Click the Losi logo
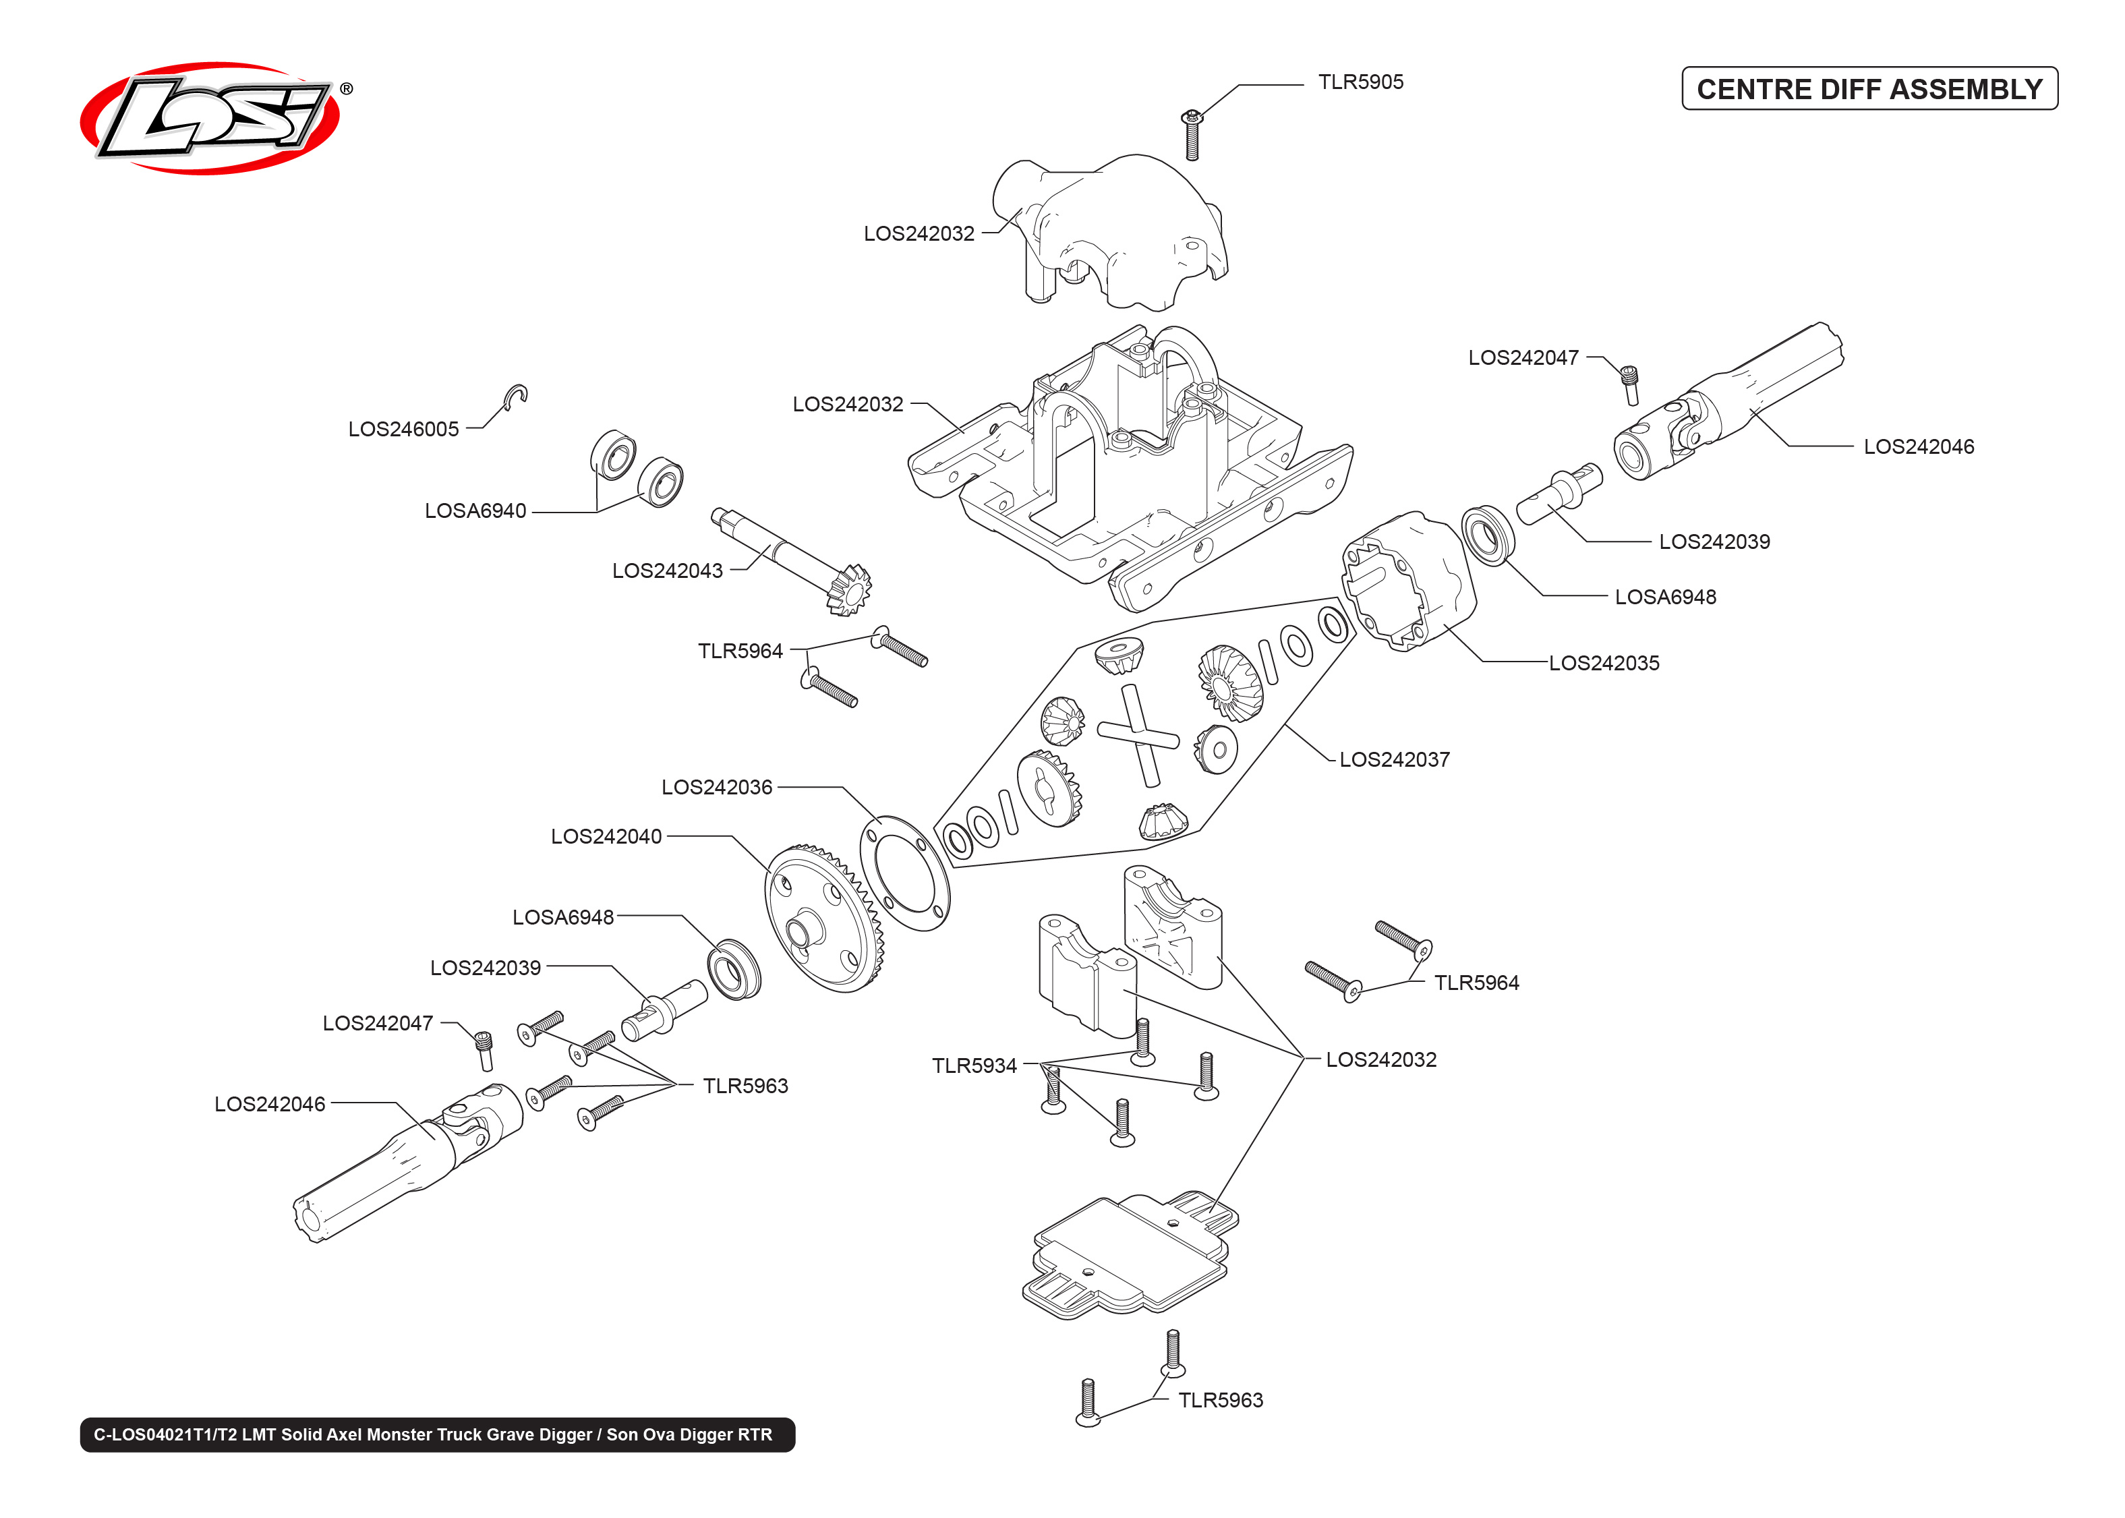click(x=210, y=119)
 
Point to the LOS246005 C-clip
click(x=517, y=397)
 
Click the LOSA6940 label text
click(x=475, y=511)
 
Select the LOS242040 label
click(x=606, y=837)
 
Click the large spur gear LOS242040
click(x=822, y=921)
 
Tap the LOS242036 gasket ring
click(x=904, y=873)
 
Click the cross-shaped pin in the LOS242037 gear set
click(x=1138, y=734)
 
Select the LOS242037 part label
click(x=1394, y=760)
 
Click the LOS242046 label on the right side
click(x=1919, y=447)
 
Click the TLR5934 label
click(x=974, y=1065)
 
